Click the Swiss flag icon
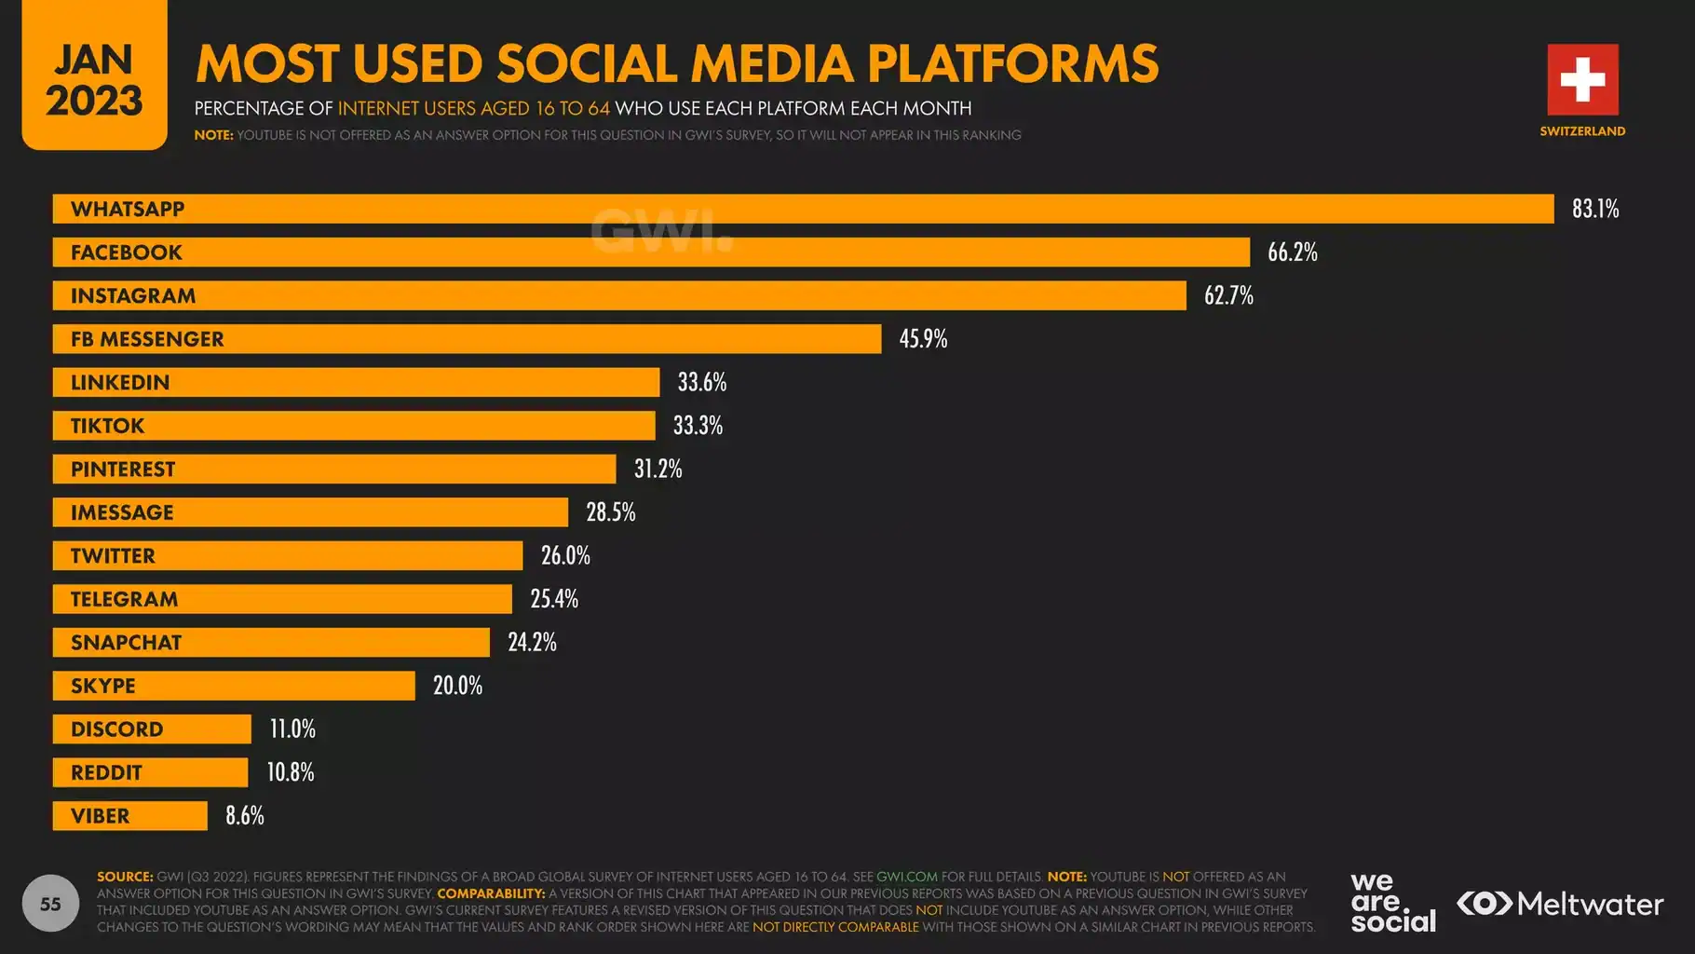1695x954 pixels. tap(1582, 79)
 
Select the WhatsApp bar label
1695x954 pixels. tap(128, 209)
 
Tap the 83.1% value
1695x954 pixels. tap(1594, 209)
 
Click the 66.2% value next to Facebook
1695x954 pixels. tap(1292, 252)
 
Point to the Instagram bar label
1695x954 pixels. tap(133, 296)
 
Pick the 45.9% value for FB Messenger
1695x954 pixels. tap(922, 339)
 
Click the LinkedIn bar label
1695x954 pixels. tap(120, 383)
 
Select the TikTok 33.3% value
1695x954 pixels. tap(697, 426)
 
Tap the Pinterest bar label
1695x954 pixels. tap(123, 470)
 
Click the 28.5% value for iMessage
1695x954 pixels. tap(610, 512)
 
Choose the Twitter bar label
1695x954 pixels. tap(113, 556)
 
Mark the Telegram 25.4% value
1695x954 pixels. tap(553, 599)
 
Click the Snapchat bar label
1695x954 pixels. tap(126, 643)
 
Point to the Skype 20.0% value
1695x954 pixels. tap(456, 686)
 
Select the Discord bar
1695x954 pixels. tap(152, 729)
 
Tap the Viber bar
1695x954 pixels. tap(129, 816)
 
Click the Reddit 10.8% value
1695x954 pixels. tap(290, 772)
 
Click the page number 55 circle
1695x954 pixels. tap(50, 903)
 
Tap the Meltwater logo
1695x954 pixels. tap(1560, 904)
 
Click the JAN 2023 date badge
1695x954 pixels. tap(94, 79)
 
